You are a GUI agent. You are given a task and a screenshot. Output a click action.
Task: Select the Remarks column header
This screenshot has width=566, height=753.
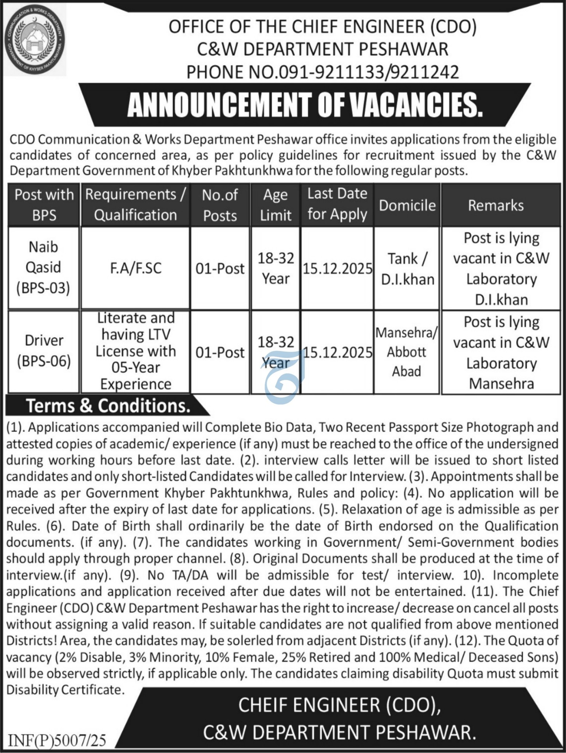[495, 205]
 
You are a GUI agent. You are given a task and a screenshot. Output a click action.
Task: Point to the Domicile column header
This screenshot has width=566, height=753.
[407, 205]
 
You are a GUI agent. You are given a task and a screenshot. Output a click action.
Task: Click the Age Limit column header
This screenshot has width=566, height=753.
[276, 205]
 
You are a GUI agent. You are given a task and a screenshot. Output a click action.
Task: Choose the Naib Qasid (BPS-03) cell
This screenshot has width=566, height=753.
[43, 268]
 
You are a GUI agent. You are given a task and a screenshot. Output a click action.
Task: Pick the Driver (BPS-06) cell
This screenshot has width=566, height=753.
[44, 351]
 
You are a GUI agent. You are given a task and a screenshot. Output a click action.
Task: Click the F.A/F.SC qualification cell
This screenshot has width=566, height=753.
[135, 268]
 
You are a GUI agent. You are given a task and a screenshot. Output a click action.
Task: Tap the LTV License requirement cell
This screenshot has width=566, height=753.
[135, 351]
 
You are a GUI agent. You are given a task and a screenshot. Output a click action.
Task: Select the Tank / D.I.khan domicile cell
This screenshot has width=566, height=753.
[407, 269]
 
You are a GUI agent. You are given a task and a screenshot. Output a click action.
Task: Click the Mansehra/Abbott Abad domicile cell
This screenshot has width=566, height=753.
[407, 352]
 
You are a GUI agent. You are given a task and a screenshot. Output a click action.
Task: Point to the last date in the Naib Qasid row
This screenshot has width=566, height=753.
[337, 269]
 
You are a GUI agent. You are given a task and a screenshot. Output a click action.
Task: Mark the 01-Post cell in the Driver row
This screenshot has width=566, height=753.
[220, 352]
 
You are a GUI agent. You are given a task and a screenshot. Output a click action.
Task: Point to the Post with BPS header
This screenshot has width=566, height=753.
[44, 205]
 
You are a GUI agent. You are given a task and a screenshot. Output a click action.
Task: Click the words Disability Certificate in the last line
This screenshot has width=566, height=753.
[64, 689]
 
